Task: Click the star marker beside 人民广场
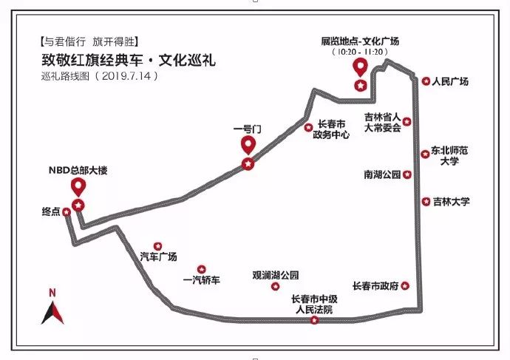[426, 81]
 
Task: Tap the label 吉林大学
[452, 202]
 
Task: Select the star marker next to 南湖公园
[407, 174]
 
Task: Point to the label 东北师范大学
[449, 156]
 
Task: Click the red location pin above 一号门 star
[248, 145]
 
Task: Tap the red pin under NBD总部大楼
[78, 187]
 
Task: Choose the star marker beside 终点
[67, 212]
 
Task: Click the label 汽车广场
[158, 257]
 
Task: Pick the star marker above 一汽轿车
[202, 269]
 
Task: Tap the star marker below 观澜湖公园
[275, 287]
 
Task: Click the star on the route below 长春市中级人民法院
[314, 320]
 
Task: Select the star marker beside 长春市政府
[405, 286]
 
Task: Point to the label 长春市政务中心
[331, 129]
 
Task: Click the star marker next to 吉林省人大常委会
[407, 122]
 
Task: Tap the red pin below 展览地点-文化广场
[360, 67]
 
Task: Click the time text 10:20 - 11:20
[360, 52]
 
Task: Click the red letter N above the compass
[52, 293]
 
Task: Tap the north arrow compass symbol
[52, 313]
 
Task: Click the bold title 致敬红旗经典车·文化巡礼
[129, 61]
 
